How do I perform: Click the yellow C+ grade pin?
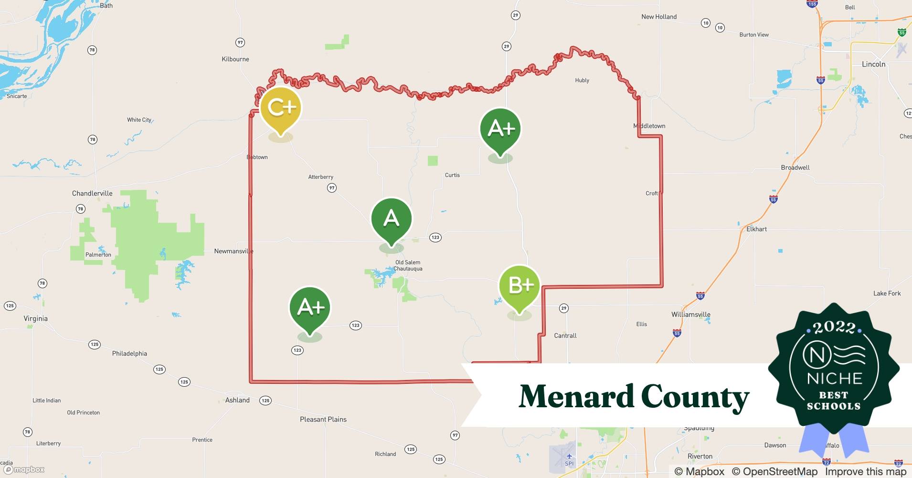click(x=281, y=109)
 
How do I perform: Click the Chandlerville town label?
click(x=92, y=193)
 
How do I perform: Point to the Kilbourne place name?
click(x=235, y=59)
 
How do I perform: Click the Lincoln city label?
click(x=873, y=64)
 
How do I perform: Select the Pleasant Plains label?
click(x=323, y=419)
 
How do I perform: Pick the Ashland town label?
click(x=237, y=400)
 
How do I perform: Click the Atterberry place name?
click(x=321, y=177)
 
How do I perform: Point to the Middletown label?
click(x=649, y=126)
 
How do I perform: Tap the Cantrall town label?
click(x=565, y=336)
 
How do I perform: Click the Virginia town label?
click(x=36, y=318)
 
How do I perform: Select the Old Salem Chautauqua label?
click(x=408, y=265)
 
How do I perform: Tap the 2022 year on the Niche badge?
click(x=834, y=327)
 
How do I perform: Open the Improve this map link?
click(x=865, y=471)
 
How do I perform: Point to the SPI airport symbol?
click(x=569, y=457)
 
